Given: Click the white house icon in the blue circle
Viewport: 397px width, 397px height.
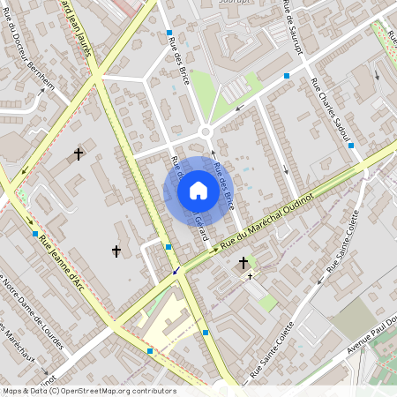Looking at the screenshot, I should tap(198, 191).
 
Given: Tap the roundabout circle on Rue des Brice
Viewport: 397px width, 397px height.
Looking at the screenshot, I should tap(206, 131).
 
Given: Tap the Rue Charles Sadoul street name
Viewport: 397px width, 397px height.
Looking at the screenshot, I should tap(331, 109).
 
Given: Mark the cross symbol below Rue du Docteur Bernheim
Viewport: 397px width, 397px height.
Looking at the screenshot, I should tap(79, 154).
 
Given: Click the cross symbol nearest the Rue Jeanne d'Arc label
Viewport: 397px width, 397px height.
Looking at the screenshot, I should tap(116, 251).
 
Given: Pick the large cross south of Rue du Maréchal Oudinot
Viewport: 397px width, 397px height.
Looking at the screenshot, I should tap(243, 262).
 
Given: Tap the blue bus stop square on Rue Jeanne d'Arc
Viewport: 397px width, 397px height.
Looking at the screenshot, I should tap(34, 234).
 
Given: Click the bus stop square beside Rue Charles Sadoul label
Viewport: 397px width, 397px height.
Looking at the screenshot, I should tap(351, 145).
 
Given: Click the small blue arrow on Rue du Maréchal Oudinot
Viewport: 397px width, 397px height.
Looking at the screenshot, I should tap(177, 270).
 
